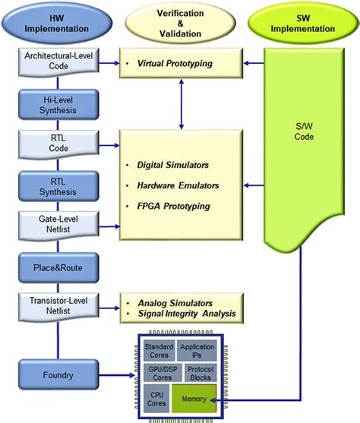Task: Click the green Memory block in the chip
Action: coord(195,397)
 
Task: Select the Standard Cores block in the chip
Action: coord(159,352)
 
